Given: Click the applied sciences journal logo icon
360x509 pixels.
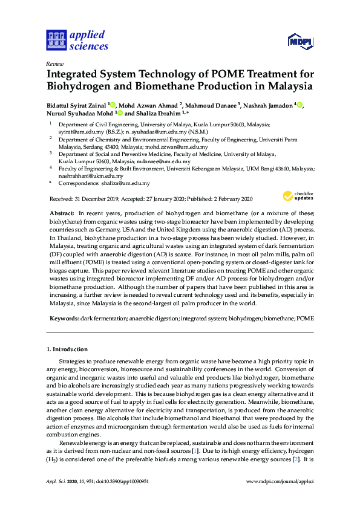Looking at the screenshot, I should coord(56,40).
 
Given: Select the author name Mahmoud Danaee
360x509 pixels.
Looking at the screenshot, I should coord(212,105).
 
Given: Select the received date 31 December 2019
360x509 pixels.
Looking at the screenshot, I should coord(99,199).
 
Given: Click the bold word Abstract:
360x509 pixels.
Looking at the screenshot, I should coord(62,213).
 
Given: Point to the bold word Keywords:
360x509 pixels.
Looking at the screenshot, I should coord(63,317).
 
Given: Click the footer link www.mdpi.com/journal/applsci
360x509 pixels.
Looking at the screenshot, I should coord(280,481).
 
